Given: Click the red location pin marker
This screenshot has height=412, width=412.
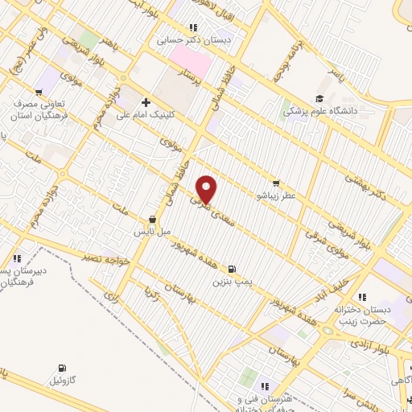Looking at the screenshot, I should [x=208, y=189].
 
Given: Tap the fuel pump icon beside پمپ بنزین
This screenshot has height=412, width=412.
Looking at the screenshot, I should [x=233, y=269].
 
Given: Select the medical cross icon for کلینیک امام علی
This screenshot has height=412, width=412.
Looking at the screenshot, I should [x=146, y=102].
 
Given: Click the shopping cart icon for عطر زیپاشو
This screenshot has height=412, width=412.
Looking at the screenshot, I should [x=277, y=183].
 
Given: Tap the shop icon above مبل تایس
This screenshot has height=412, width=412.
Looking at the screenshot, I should [x=152, y=219].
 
